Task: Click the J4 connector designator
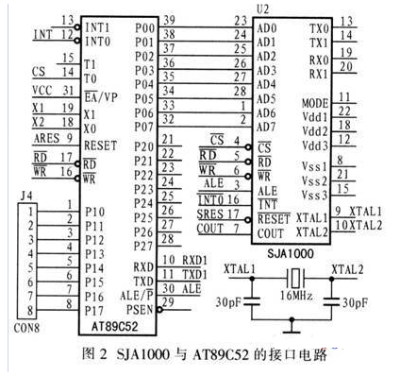25,195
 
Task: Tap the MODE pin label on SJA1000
314,99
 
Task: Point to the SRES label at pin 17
210,214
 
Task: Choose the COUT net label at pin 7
210,229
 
